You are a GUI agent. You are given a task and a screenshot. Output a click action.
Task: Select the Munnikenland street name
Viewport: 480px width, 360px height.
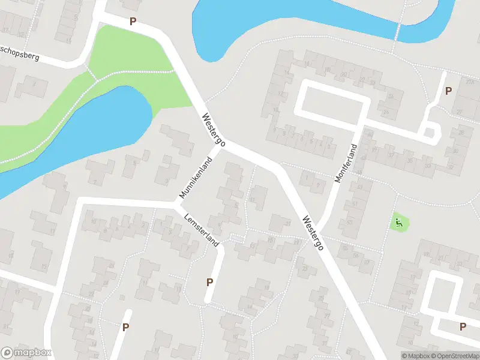[196, 178]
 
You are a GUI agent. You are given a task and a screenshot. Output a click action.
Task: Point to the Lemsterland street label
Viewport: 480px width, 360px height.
[202, 229]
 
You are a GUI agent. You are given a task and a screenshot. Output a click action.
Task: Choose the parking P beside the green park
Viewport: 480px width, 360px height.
[133, 22]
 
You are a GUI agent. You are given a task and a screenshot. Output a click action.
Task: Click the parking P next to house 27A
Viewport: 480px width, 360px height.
[448, 91]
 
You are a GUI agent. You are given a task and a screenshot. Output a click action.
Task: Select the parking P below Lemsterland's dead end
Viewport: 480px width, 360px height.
[210, 282]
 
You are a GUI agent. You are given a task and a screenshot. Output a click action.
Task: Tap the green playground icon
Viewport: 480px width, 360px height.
[398, 223]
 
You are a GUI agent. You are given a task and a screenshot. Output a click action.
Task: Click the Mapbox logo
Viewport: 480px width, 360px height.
[26, 353]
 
